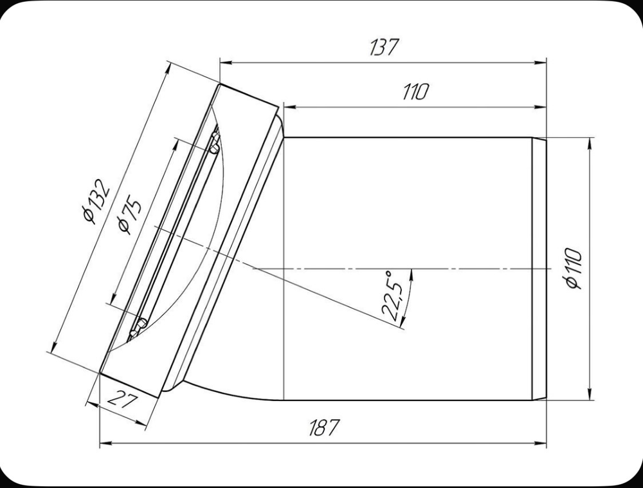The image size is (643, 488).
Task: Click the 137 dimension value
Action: (384, 48)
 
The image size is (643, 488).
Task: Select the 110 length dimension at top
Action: (415, 92)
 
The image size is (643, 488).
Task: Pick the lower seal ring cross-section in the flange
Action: (138, 327)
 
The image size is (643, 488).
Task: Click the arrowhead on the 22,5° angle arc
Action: (410, 273)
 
